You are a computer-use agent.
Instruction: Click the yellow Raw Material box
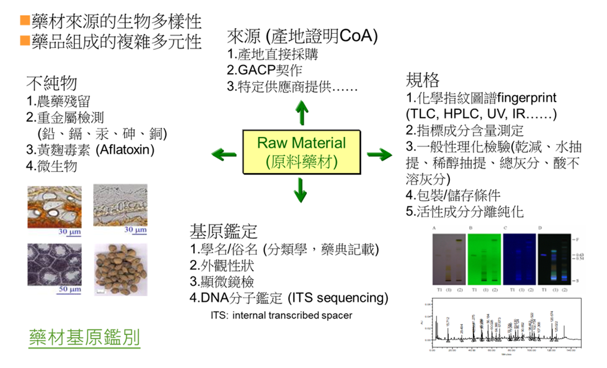pos(301,152)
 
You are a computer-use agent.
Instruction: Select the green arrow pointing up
pos(301,113)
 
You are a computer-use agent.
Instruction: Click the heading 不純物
pos(51,83)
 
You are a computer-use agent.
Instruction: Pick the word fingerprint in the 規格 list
pos(527,98)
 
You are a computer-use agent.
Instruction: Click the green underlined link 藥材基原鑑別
pos(84,338)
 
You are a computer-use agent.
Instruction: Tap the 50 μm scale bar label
pos(70,289)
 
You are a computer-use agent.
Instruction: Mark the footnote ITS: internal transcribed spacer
pos(281,316)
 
